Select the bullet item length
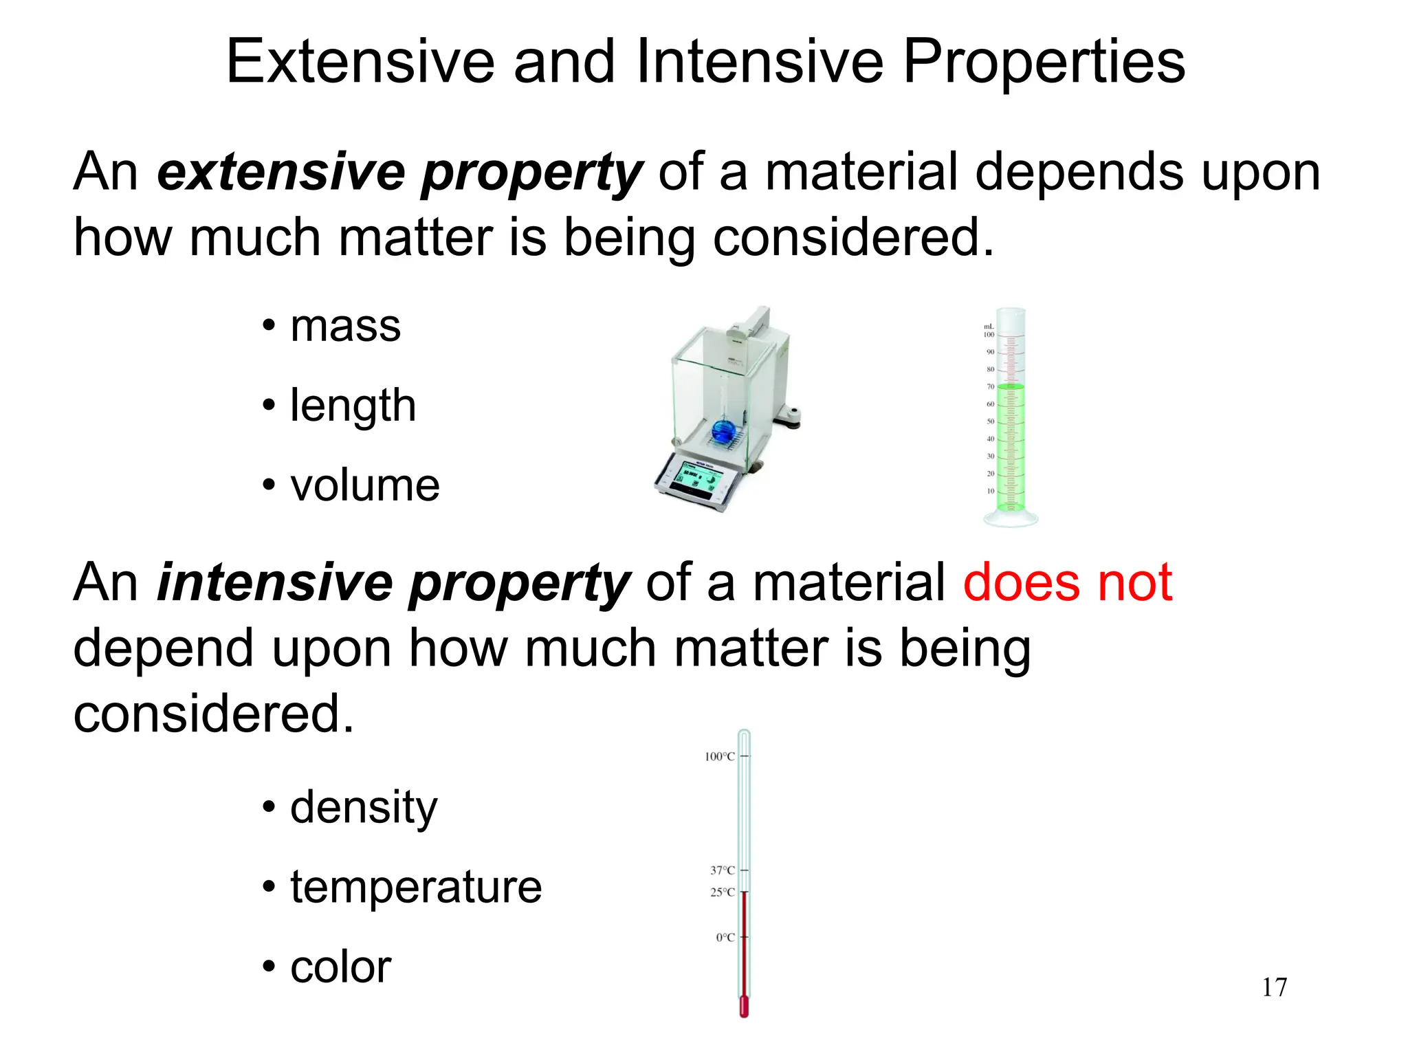click(x=353, y=405)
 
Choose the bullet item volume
click(x=364, y=485)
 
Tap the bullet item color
click(x=340, y=967)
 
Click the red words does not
click(x=1067, y=582)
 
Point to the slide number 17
click(x=1274, y=987)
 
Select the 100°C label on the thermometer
click(x=719, y=757)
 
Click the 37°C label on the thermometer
click(x=722, y=870)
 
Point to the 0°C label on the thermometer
click(x=725, y=938)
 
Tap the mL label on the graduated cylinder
click(x=989, y=327)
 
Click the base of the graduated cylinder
click(x=1010, y=518)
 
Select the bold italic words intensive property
click(x=393, y=582)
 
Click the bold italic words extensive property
click(x=399, y=172)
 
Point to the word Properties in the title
click(x=1044, y=62)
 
